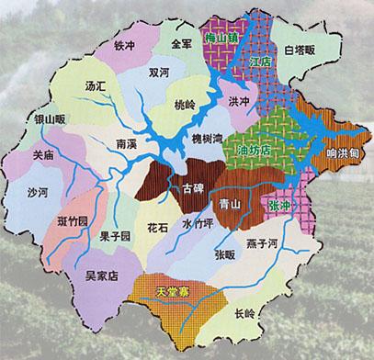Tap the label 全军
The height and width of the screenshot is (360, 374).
pyautogui.click(x=180, y=43)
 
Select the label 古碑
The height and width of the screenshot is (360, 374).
pyautogui.click(x=194, y=188)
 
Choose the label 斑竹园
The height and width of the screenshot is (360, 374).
pyautogui.click(x=72, y=221)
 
